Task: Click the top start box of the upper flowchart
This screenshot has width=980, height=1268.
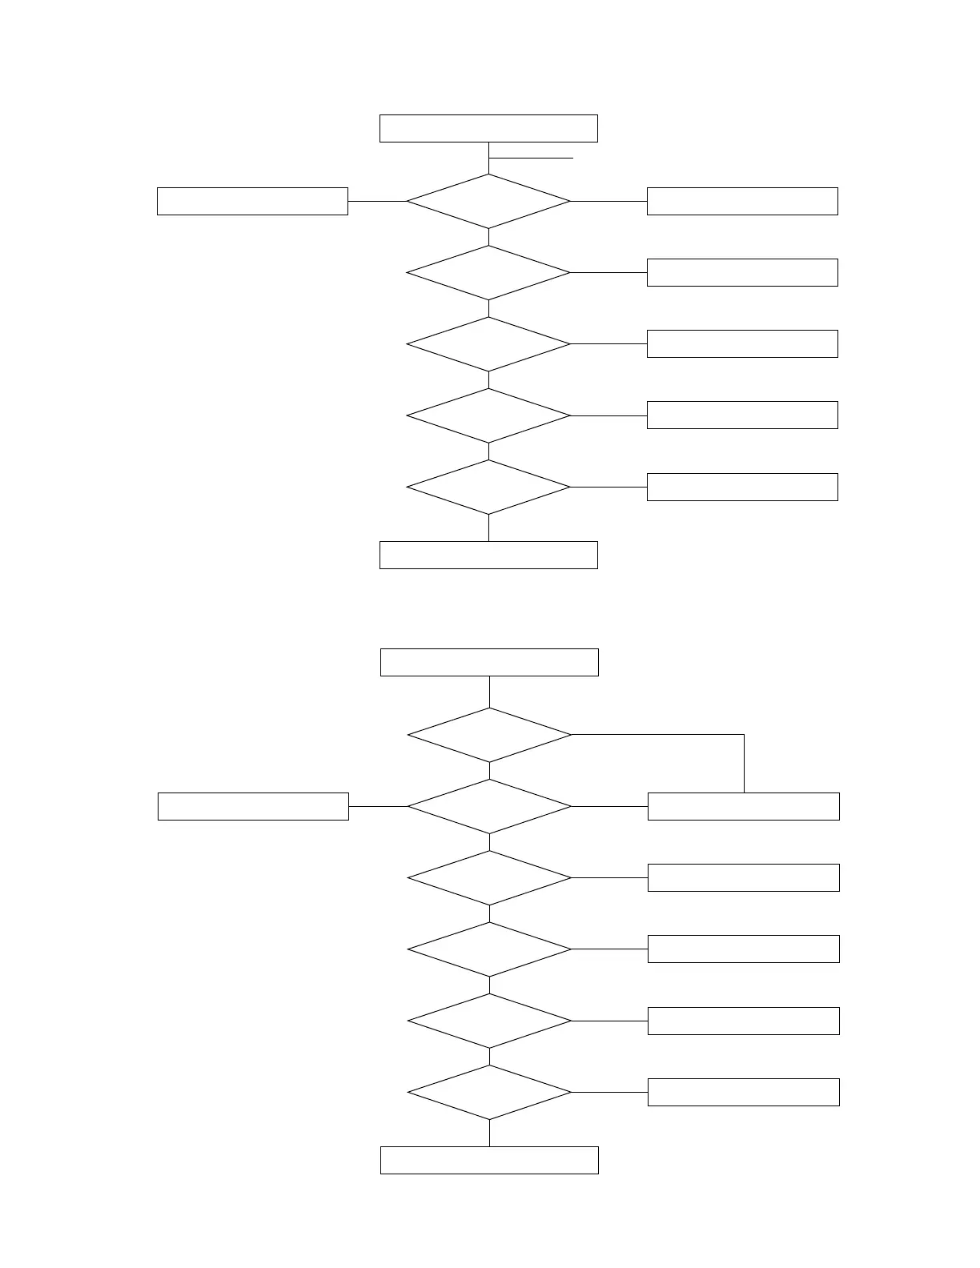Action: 488,128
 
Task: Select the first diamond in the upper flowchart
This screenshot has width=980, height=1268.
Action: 488,201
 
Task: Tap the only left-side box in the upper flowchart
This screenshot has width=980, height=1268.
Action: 252,201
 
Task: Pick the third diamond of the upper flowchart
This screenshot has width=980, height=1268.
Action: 488,344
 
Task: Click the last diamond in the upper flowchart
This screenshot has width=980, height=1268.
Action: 488,487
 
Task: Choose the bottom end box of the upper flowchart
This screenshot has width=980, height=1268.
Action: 488,555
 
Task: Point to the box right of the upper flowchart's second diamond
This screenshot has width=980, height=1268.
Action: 742,272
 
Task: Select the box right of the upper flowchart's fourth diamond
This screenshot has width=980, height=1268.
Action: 742,415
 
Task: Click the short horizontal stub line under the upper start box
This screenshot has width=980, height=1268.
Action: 532,158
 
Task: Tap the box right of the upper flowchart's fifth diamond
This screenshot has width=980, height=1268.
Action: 742,487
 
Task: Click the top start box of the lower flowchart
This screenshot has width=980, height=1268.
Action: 489,662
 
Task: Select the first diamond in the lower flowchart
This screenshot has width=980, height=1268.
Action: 489,735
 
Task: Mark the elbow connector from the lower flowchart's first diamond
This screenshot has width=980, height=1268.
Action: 744,735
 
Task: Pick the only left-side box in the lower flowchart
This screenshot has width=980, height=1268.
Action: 253,806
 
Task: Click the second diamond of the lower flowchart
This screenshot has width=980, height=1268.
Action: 489,806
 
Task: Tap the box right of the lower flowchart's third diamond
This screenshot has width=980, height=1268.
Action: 743,877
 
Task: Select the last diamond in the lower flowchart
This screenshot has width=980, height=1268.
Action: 489,1092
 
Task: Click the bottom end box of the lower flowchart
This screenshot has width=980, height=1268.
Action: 489,1160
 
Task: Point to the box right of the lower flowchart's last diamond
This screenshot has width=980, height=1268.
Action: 743,1092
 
